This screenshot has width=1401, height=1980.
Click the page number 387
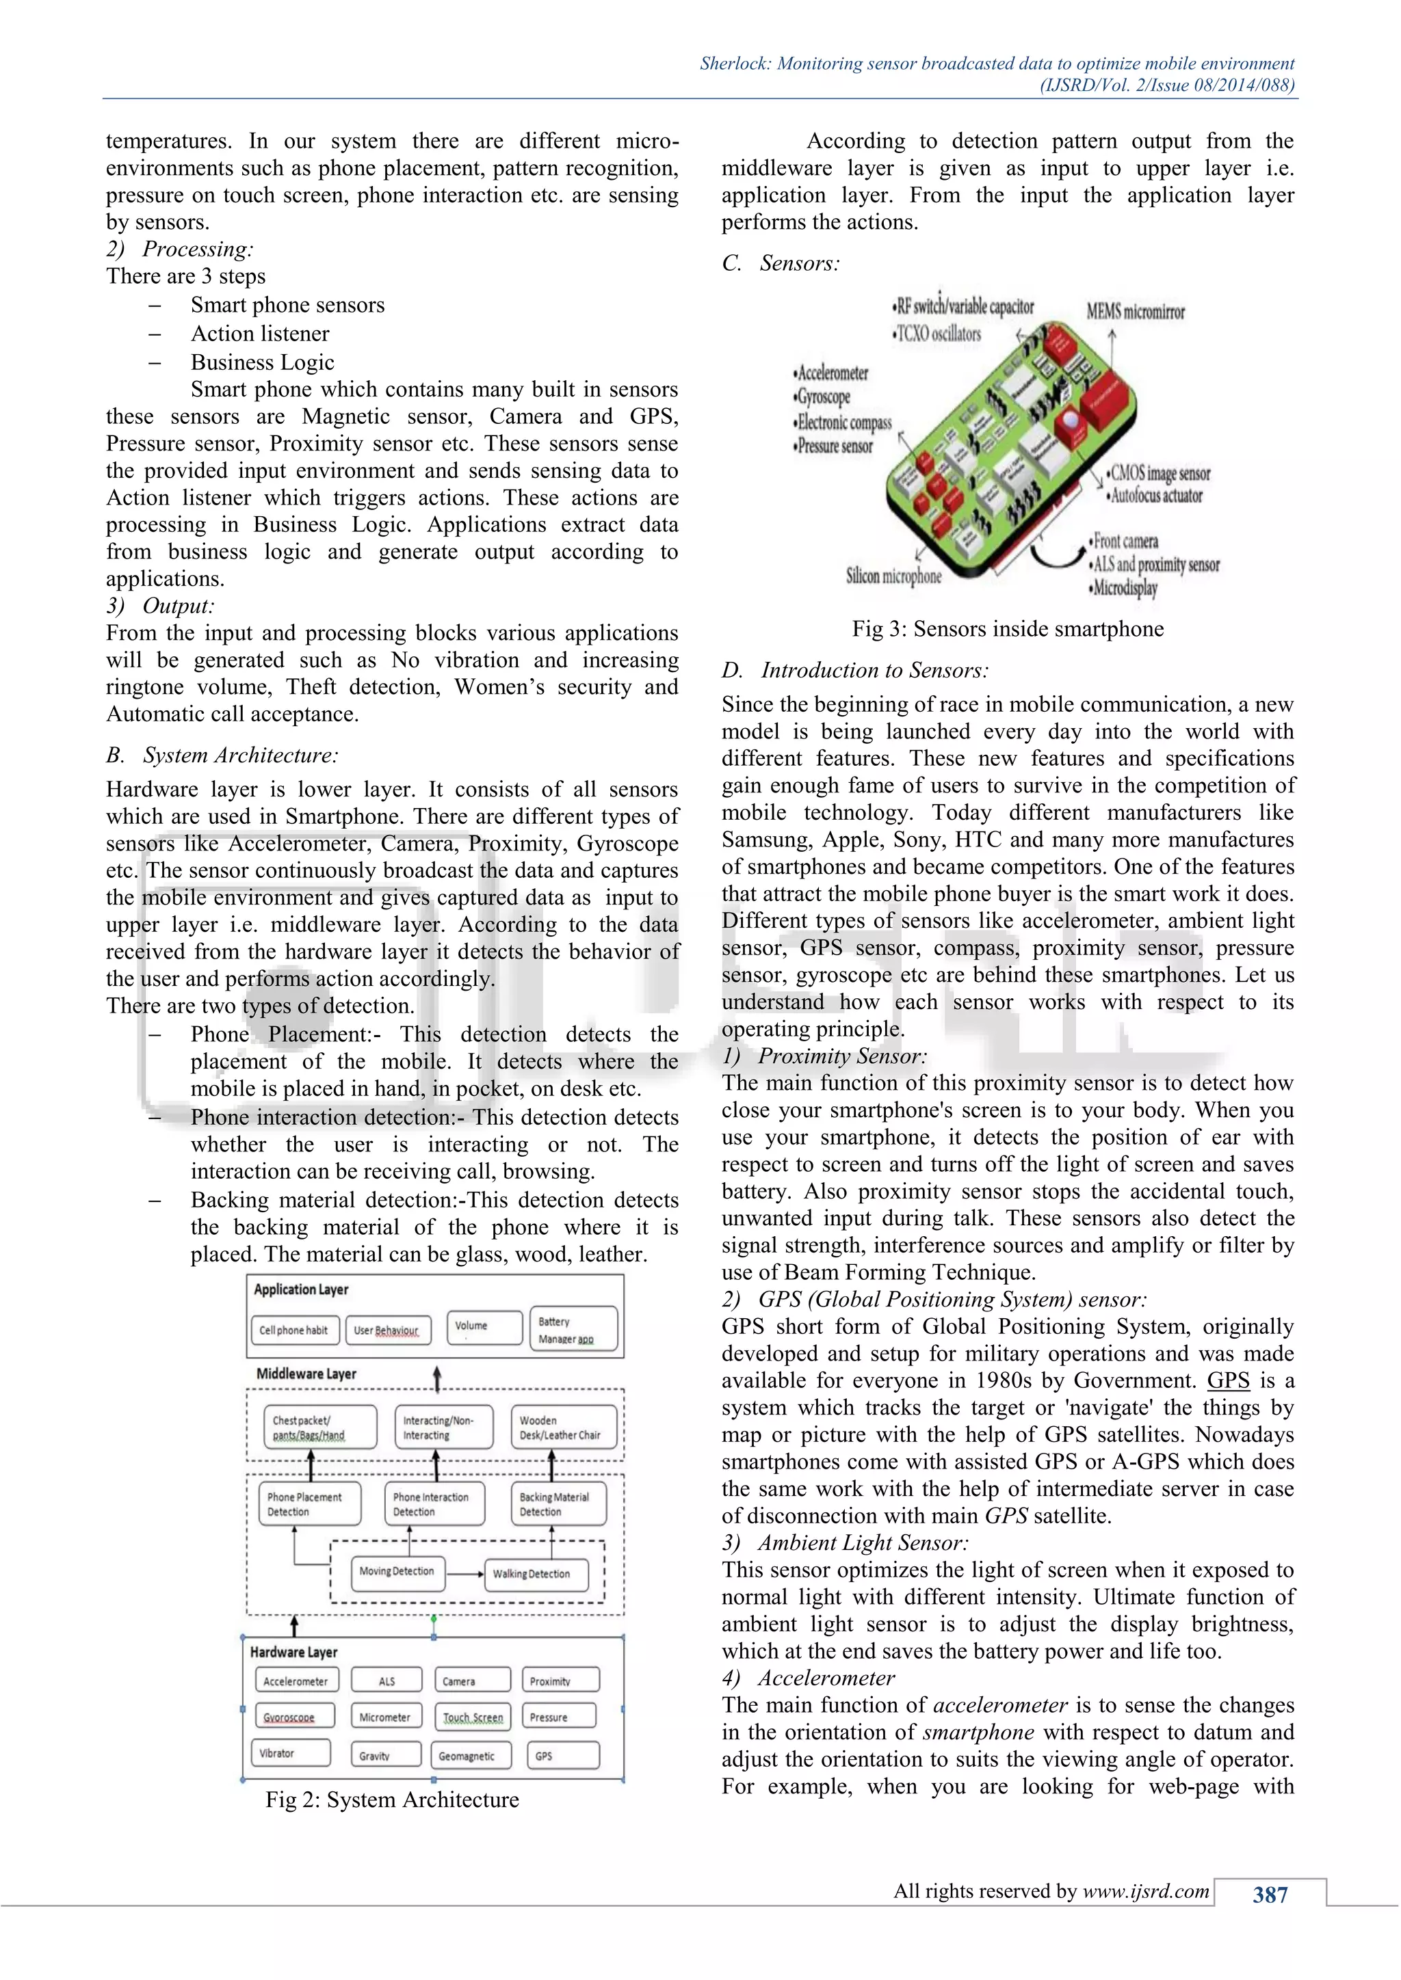click(x=1270, y=1895)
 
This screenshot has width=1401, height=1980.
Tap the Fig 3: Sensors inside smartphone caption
click(x=1007, y=629)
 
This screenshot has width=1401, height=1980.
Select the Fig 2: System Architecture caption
click(x=392, y=1800)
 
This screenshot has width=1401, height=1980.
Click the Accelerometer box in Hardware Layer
click(x=296, y=1681)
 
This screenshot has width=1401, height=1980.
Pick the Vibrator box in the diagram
click(x=291, y=1753)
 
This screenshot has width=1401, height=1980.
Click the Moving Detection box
click(x=397, y=1572)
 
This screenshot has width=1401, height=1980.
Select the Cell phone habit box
click(x=294, y=1330)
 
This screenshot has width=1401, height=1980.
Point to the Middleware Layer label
click(x=306, y=1374)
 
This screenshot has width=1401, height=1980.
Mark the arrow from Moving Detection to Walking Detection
click(x=466, y=1574)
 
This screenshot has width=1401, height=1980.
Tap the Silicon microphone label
click(x=893, y=576)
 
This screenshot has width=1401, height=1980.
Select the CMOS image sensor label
click(x=1160, y=472)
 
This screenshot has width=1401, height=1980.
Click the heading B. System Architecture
click(x=222, y=755)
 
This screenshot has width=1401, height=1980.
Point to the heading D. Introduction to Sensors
click(x=855, y=670)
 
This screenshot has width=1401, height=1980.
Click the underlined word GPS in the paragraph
click(x=1228, y=1380)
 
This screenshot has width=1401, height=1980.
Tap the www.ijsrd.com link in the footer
click(x=1146, y=1891)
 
